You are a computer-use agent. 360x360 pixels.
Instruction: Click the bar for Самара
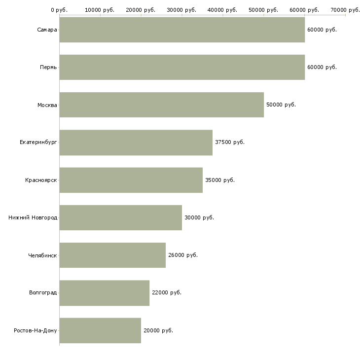point(182,30)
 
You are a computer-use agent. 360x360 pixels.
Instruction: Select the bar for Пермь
point(182,67)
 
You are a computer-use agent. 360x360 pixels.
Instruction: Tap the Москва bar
point(162,105)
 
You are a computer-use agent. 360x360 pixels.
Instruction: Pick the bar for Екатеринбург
point(136,143)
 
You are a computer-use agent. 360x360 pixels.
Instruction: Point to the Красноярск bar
point(131,180)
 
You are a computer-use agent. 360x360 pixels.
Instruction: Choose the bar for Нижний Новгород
point(120,217)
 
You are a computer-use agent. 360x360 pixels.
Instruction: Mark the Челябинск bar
point(112,255)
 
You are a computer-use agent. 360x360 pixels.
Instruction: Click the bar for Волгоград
point(105,293)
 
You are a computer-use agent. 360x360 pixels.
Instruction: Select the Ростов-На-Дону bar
point(100,330)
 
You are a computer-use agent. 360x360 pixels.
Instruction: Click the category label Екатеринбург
point(38,143)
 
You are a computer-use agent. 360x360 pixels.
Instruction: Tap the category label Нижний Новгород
point(33,217)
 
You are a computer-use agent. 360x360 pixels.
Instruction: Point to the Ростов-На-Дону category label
point(35,330)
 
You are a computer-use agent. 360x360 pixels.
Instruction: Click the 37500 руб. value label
point(230,142)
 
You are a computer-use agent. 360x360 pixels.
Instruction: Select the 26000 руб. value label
point(183,255)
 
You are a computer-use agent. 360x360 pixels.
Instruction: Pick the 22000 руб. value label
point(167,292)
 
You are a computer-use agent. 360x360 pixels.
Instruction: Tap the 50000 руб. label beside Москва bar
point(281,105)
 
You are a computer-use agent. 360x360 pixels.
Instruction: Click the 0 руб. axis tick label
point(59,10)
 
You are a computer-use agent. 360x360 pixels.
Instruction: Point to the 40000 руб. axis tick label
point(222,10)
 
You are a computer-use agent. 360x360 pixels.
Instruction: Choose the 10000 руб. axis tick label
point(100,10)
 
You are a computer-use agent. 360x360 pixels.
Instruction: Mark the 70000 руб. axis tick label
point(345,10)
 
